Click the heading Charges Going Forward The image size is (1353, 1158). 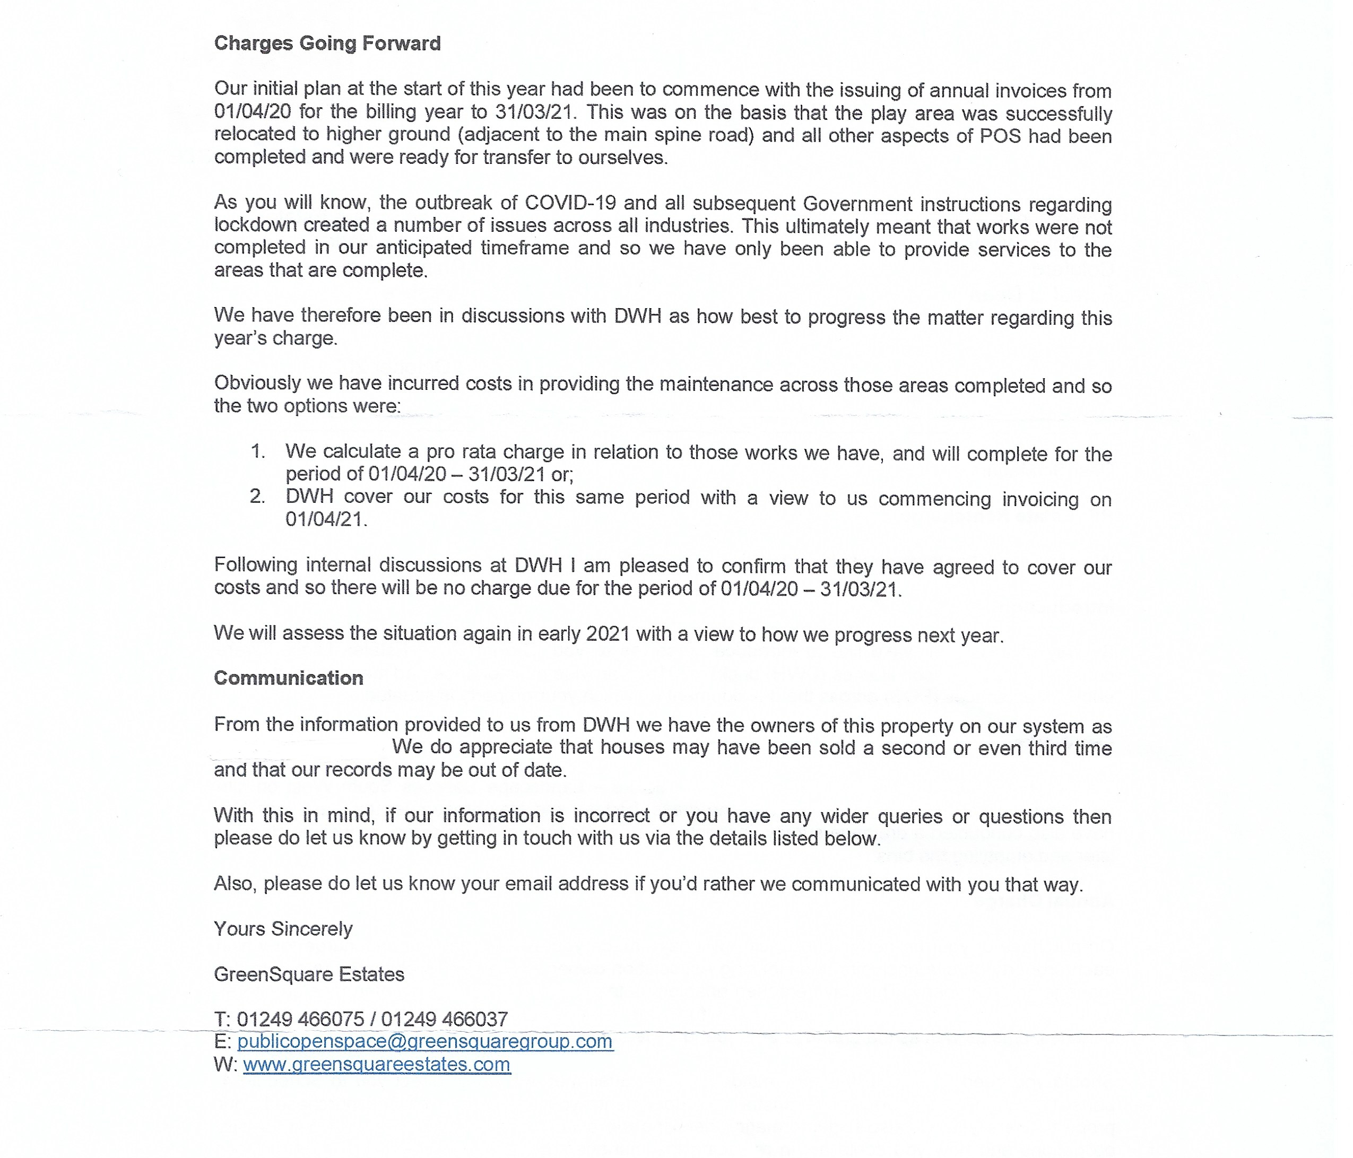coord(327,43)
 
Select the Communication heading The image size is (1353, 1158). coord(288,677)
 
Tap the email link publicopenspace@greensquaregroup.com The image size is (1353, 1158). coord(424,1041)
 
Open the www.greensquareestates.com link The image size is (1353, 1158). coord(377,1064)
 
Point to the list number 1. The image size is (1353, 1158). coord(257,451)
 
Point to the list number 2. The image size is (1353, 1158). coord(257,497)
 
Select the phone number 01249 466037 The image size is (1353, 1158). coord(444,1018)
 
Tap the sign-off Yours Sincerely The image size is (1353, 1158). coord(283,928)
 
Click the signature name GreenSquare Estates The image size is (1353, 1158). coord(309,974)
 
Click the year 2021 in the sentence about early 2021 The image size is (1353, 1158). coord(608,634)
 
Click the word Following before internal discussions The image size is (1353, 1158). coord(255,564)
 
